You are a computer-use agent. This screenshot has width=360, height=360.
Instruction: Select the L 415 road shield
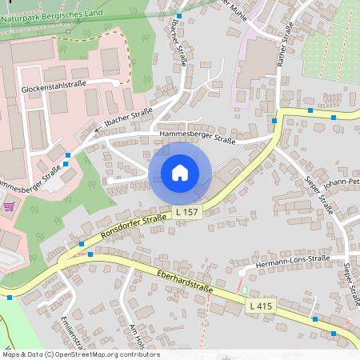coord(262,306)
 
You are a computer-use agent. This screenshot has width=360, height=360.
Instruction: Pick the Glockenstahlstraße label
coord(54,88)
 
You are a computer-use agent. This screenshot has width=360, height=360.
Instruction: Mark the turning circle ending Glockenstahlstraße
coord(117,83)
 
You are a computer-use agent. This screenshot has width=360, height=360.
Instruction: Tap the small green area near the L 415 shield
coord(245,290)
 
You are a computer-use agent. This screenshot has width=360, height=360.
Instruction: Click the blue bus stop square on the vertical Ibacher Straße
coord(179,16)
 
